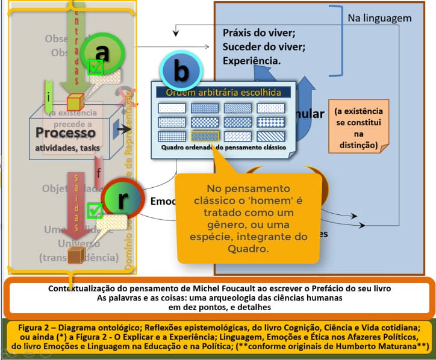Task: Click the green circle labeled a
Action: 102,54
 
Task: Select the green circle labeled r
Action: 123,200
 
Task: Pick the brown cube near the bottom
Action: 75,256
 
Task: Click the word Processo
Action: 66,132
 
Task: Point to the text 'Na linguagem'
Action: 379,18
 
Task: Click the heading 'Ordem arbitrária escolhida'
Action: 223,93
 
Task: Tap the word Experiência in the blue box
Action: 251,61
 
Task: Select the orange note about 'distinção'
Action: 358,128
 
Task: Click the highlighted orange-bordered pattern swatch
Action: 205,135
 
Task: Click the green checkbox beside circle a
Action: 95,67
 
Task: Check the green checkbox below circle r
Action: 95,211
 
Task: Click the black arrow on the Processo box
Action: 124,129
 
